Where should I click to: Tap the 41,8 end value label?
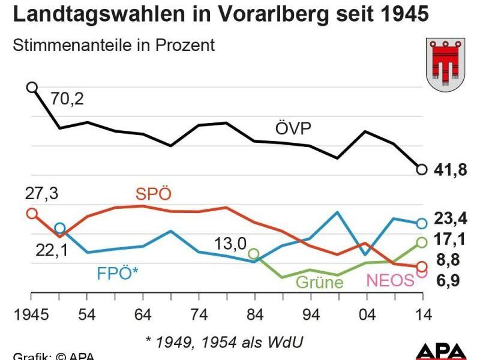[x=451, y=170]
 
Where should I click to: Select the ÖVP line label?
[x=293, y=128]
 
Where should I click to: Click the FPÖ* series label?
[x=118, y=273]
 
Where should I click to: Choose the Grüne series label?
[x=320, y=282]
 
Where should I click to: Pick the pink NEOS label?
[x=390, y=280]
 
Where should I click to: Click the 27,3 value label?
[x=41, y=194]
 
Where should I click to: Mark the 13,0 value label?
[x=231, y=244]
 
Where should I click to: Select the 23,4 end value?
[x=451, y=218]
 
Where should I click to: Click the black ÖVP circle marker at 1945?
[x=32, y=88]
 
